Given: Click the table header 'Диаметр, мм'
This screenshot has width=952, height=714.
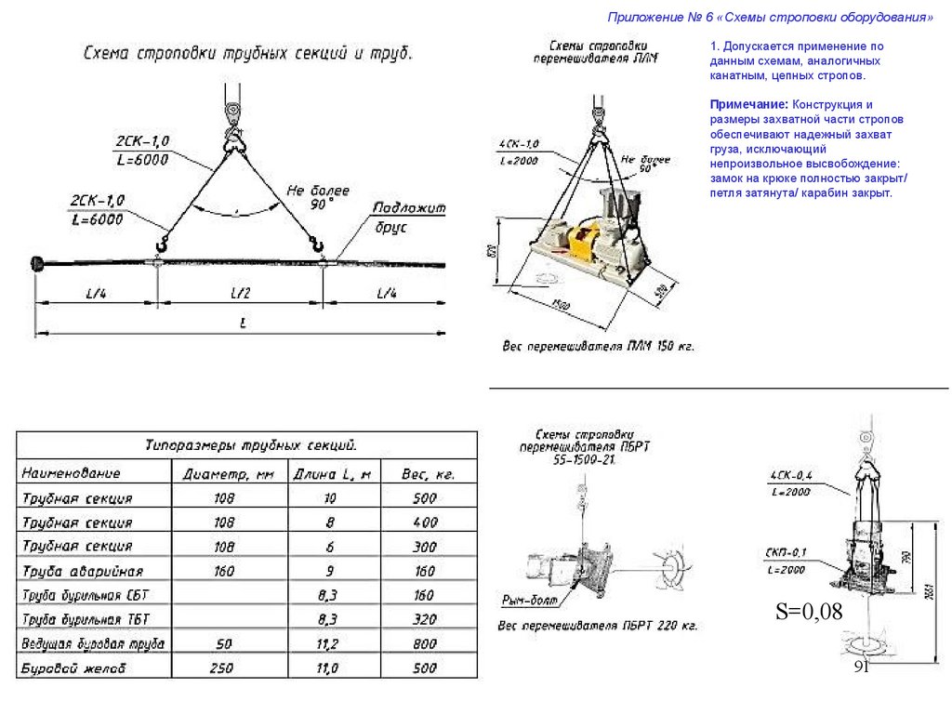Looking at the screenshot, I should pyautogui.click(x=228, y=474).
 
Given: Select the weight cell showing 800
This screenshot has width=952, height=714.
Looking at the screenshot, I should pyautogui.click(x=424, y=642).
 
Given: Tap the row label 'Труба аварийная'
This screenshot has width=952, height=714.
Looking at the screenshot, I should pyautogui.click(x=82, y=570).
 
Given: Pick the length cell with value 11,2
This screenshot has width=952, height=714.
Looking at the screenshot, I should pyautogui.click(x=326, y=642).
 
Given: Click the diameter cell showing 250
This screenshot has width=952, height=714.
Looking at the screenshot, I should pyautogui.click(x=223, y=668).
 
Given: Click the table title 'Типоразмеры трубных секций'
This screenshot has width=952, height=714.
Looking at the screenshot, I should pyautogui.click(x=250, y=444).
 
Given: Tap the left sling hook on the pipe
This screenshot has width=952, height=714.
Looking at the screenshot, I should pyautogui.click(x=162, y=246).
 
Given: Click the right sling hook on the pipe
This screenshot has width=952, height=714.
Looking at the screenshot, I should pyautogui.click(x=319, y=246).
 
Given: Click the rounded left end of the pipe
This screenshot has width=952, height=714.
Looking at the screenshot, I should pyautogui.click(x=39, y=263).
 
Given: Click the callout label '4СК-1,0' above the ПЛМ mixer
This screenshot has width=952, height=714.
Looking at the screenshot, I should pyautogui.click(x=519, y=144).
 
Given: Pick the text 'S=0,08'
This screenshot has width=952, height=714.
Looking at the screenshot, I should pyautogui.click(x=809, y=611).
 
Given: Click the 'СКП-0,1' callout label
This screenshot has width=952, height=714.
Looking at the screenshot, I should pyautogui.click(x=787, y=552).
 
